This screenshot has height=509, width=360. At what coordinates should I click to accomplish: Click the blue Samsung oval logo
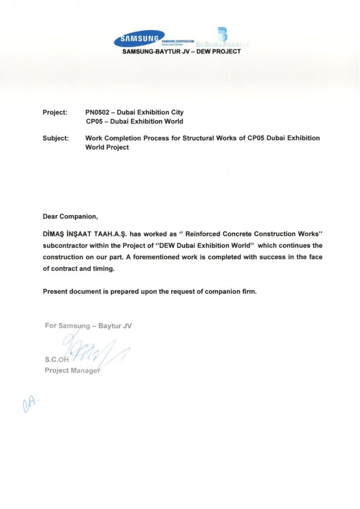(x=140, y=39)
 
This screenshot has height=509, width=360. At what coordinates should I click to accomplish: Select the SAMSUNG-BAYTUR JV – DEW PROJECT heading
(x=181, y=52)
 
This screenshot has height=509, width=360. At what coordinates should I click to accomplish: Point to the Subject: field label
(x=56, y=138)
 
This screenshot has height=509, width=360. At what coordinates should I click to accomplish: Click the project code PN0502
(x=99, y=113)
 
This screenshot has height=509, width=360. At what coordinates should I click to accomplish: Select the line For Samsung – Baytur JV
(x=88, y=326)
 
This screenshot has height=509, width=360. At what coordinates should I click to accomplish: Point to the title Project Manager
(x=72, y=370)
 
